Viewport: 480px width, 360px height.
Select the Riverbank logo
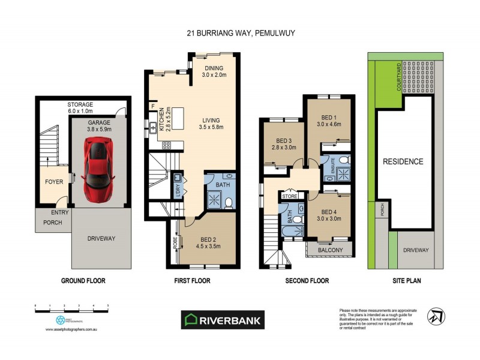(x=223, y=320)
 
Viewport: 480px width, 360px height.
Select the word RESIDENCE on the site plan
(x=403, y=161)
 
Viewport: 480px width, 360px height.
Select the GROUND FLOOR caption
(x=83, y=281)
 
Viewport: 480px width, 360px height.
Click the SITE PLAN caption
(x=403, y=281)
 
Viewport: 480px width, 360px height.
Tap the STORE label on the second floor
(x=290, y=195)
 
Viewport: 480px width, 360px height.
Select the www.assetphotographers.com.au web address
(x=71, y=329)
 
